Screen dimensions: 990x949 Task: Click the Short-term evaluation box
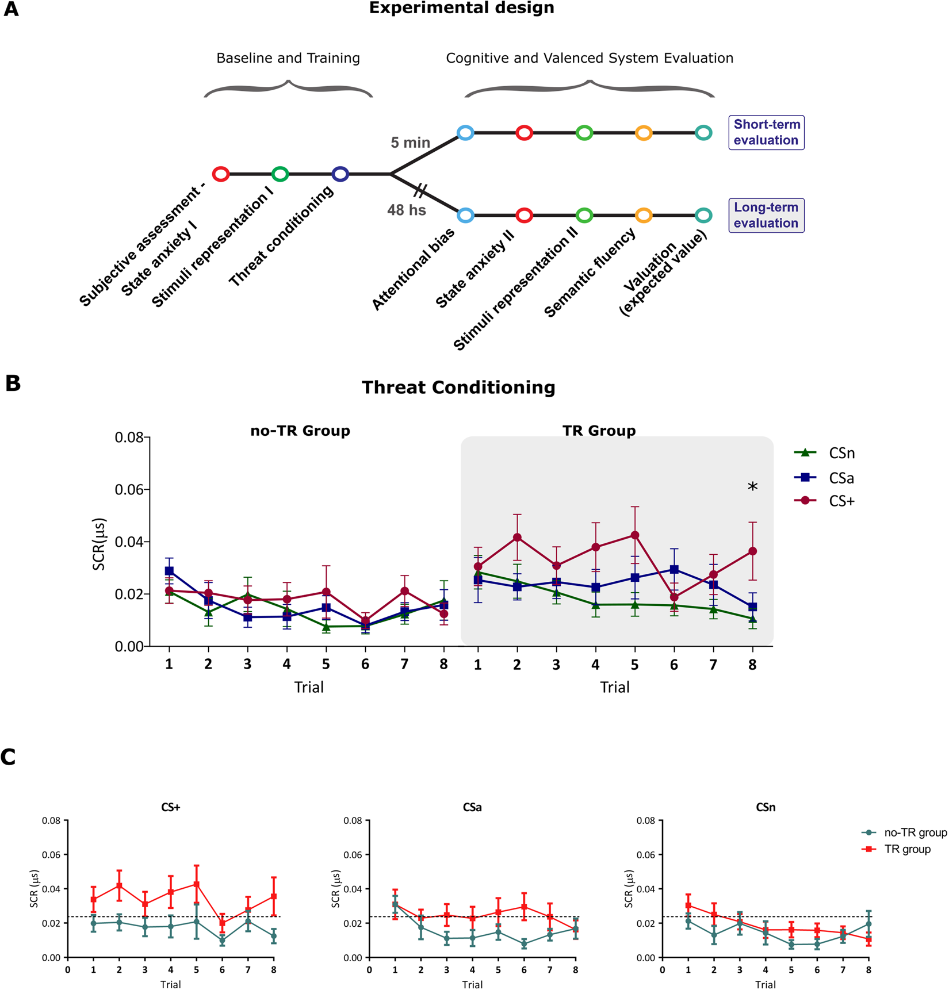point(766,133)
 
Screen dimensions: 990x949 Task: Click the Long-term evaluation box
point(766,216)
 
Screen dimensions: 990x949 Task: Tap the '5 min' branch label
point(410,143)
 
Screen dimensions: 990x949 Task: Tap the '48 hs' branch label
point(406,210)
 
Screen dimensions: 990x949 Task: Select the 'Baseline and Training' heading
point(288,58)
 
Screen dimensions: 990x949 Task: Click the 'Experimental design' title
point(461,9)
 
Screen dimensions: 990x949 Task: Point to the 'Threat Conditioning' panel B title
point(458,387)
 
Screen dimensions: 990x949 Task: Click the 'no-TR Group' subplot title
point(300,431)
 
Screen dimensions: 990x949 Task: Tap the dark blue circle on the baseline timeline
point(340,174)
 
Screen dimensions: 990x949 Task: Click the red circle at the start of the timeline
point(221,174)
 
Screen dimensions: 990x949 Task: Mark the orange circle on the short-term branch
point(644,133)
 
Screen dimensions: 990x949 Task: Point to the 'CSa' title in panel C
point(472,808)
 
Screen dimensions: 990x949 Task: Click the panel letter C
point(9,758)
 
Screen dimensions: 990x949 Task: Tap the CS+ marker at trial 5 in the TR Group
point(635,535)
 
